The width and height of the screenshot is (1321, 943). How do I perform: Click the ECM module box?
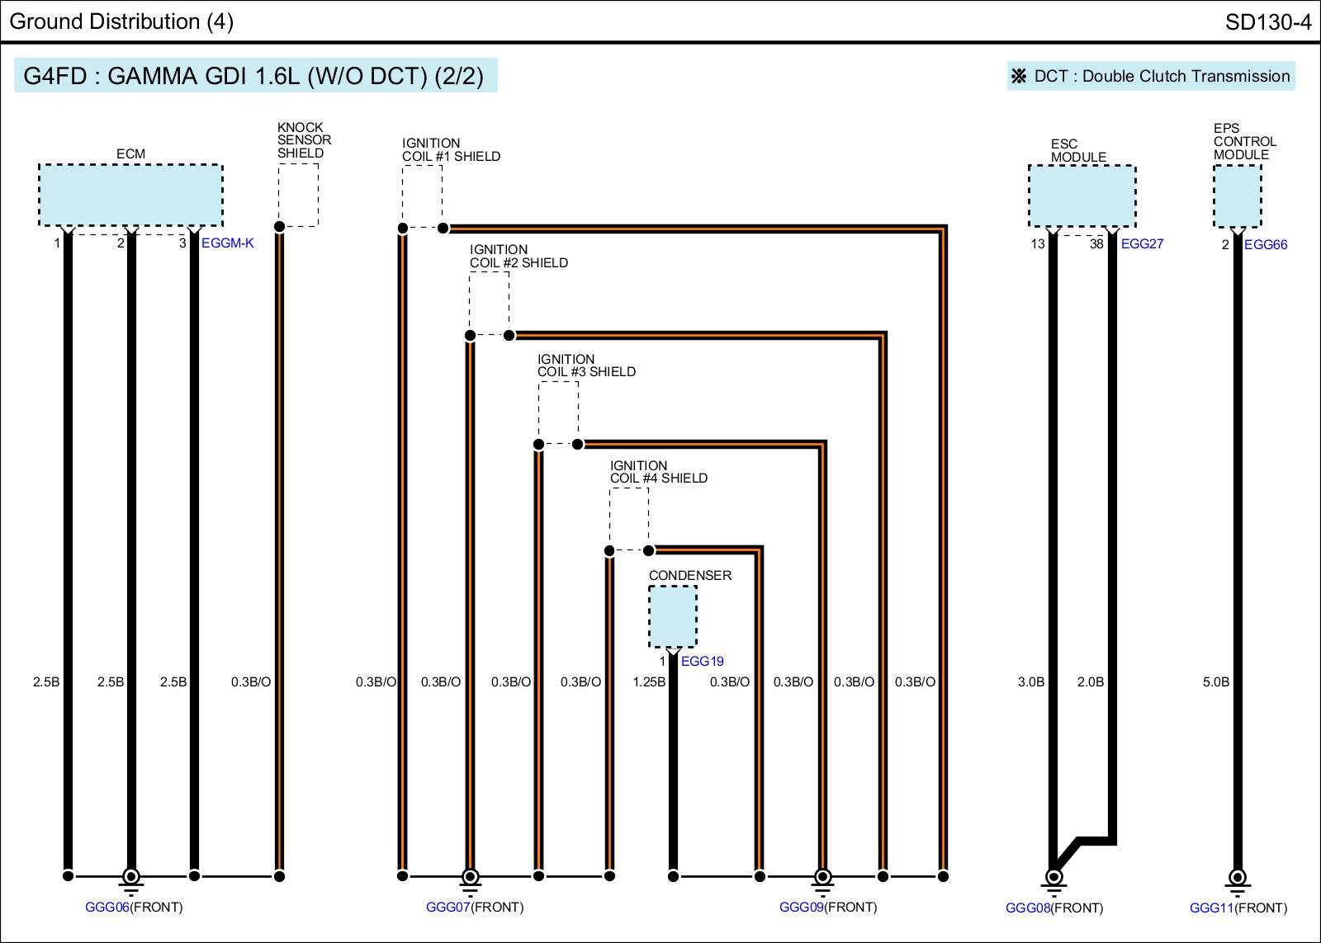(x=130, y=195)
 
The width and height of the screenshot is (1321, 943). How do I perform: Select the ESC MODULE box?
(x=1082, y=196)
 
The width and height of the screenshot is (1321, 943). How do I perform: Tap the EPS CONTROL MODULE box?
(x=1237, y=196)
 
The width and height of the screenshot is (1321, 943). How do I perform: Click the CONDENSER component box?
(x=673, y=616)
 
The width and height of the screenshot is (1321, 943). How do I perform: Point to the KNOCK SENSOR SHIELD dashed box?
(x=298, y=195)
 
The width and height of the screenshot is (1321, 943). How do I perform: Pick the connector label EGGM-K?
(x=228, y=243)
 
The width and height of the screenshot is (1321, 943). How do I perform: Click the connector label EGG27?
(x=1142, y=244)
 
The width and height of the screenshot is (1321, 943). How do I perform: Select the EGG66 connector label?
(x=1265, y=245)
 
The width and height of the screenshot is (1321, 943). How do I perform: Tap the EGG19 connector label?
(x=702, y=662)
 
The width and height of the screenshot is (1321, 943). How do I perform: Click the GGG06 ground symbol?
(x=130, y=879)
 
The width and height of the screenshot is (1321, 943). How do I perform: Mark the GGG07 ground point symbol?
(x=470, y=879)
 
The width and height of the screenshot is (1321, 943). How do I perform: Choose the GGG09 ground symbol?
(x=822, y=879)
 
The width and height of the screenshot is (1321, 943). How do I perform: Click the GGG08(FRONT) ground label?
(x=1053, y=908)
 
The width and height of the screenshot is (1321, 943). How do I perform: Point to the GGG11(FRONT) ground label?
(x=1238, y=908)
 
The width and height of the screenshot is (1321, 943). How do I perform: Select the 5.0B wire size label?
(x=1215, y=682)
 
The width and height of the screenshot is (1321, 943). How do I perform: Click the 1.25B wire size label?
(x=649, y=682)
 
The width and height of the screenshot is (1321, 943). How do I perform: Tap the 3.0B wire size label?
(x=1030, y=682)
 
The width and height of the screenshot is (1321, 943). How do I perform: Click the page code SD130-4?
(x=1267, y=22)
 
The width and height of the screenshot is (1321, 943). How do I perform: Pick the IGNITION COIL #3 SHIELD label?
(x=586, y=365)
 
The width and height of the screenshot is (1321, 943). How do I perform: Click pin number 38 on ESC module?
(x=1096, y=244)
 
